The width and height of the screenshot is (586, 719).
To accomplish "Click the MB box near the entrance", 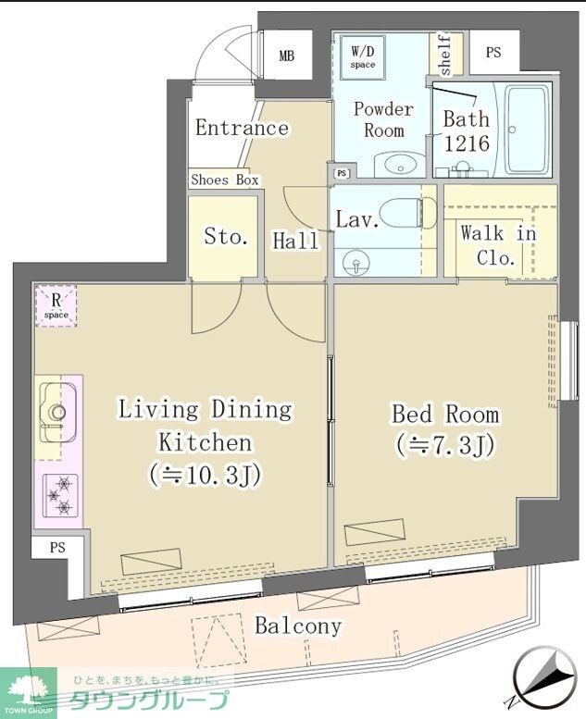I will tap(287, 56).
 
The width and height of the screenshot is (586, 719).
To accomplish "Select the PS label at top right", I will tap(493, 53).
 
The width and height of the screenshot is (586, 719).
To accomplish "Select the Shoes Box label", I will tap(225, 180).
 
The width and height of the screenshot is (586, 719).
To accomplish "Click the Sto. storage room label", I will tap(226, 237).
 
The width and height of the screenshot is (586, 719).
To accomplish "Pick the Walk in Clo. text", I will tap(498, 245).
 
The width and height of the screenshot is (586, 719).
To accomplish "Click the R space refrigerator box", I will tap(56, 305).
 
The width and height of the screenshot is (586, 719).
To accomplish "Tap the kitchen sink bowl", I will tap(56, 413).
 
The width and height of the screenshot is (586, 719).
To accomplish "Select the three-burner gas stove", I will tap(58, 495).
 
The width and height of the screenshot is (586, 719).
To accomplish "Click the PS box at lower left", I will tap(57, 548).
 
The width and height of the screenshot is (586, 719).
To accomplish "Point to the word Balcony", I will tap(297, 626).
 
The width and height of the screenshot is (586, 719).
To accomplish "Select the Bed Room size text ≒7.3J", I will tap(444, 445).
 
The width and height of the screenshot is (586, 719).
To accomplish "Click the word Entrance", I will tap(242, 128).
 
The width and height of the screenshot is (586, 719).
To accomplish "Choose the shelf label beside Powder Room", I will tap(443, 56).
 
